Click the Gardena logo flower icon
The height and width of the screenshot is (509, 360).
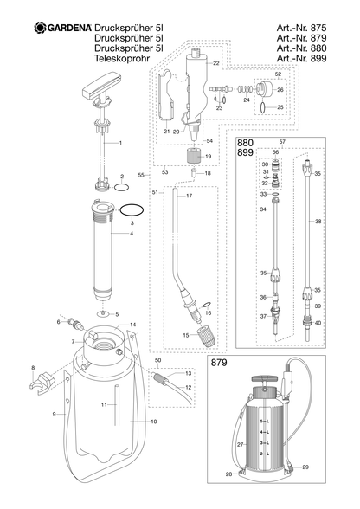[41, 28]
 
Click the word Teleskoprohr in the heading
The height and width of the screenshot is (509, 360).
[122, 59]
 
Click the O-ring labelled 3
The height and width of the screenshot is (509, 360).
[132, 209]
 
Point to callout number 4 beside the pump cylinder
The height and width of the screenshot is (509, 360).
[132, 234]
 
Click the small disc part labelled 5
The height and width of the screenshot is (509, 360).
[104, 313]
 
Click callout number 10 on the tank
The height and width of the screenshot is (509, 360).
[153, 422]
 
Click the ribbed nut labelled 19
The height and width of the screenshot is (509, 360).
[195, 156]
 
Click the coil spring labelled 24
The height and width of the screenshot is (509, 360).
[244, 88]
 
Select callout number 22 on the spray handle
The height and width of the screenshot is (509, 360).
[216, 64]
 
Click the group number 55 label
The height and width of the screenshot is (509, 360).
[141, 175]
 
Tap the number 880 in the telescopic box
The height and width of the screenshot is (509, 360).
[245, 143]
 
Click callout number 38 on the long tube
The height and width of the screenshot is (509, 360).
[318, 222]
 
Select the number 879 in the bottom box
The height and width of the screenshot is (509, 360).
[219, 362]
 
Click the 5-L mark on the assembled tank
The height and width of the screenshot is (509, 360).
[265, 421]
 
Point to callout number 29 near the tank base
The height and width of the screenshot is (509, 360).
[305, 467]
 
